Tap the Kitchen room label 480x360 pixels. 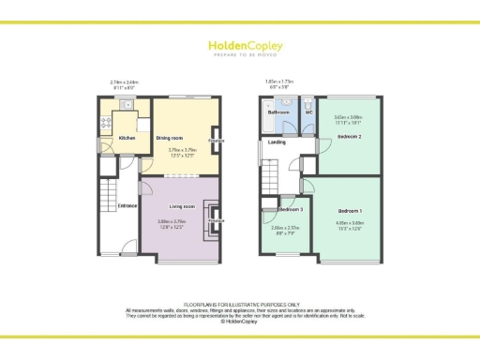pyautogui.click(x=127, y=139)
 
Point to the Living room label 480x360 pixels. pyautogui.click(x=182, y=206)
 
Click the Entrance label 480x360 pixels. pyautogui.click(x=127, y=205)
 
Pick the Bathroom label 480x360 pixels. pyautogui.click(x=278, y=112)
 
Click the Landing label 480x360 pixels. pyautogui.click(x=277, y=142)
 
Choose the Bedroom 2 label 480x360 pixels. pyautogui.click(x=349, y=136)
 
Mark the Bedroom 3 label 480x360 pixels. pyautogui.click(x=288, y=210)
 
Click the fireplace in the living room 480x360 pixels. pyautogui.click(x=216, y=220)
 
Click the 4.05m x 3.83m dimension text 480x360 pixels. pyautogui.click(x=350, y=223)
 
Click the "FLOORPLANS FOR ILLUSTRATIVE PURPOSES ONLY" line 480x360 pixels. pyautogui.click(x=239, y=305)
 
